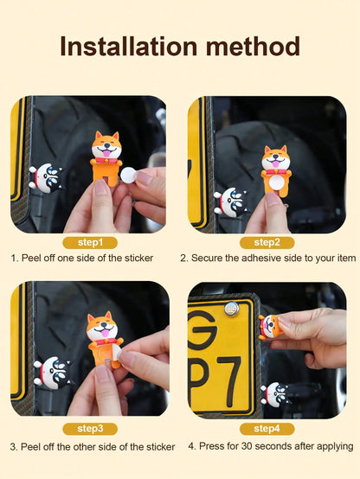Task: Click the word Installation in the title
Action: coord(129,46)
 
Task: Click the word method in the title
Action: coord(253,46)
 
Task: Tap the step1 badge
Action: coord(90,243)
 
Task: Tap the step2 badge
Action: coord(267,243)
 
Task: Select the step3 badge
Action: coord(90,429)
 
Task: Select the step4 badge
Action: coord(267,429)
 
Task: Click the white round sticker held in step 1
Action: coord(128,175)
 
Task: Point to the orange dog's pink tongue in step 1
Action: coord(106,153)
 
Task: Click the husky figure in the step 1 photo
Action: coord(47,178)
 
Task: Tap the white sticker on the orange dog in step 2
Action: coord(276,182)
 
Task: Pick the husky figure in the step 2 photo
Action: coord(232,201)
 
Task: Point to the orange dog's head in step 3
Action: coord(101,326)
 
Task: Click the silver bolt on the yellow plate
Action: coord(232,309)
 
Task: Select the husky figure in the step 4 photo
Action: coord(275,394)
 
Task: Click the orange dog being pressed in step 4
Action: coord(270,327)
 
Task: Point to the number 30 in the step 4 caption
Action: coord(247,446)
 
